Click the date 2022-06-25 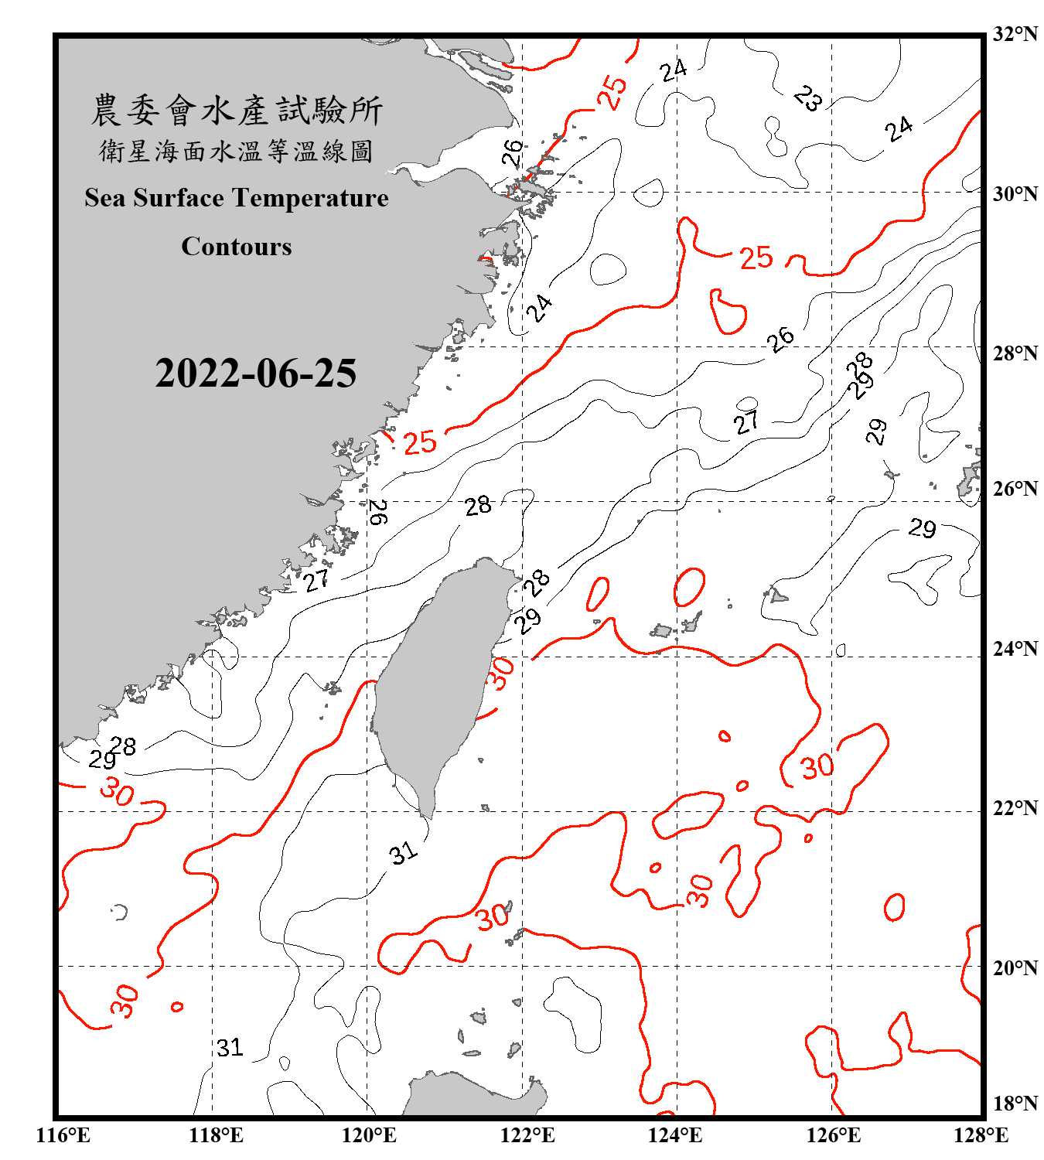[x=255, y=374]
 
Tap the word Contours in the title [x=237, y=247]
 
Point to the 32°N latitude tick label [x=1015, y=34]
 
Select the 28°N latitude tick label [x=1015, y=353]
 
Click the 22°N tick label [x=1015, y=808]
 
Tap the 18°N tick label [x=1015, y=1104]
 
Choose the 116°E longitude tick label [x=63, y=1135]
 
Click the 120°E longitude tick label [x=369, y=1135]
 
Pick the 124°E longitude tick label [x=675, y=1135]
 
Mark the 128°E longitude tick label [x=981, y=1135]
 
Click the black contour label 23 [x=808, y=98]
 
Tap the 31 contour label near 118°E [x=230, y=1048]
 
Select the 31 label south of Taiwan [x=403, y=853]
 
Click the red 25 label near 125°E [x=756, y=258]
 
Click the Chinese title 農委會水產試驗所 [x=237, y=110]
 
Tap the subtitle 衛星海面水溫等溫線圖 [x=237, y=151]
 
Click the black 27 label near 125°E [x=746, y=422]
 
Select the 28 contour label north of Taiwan [x=478, y=506]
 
